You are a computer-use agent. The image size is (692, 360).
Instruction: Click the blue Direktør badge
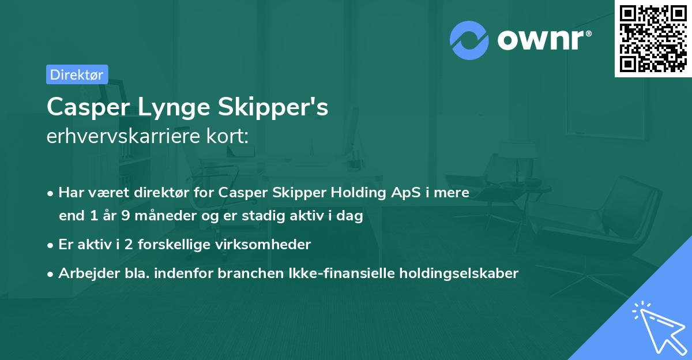click(77, 74)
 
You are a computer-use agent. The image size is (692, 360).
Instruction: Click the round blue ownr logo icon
click(469, 40)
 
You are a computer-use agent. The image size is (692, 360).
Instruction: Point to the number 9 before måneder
click(125, 216)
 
